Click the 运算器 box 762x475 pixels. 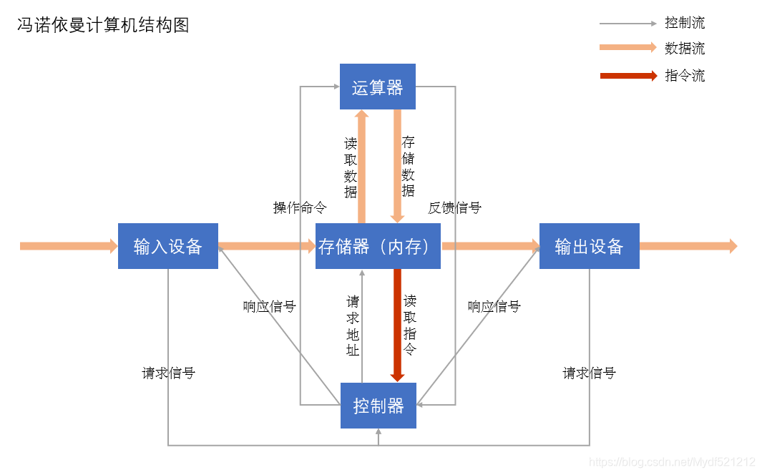pos(377,87)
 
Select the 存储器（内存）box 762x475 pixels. pos(378,246)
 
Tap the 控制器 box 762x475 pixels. pos(378,406)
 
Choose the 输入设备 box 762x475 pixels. pos(168,246)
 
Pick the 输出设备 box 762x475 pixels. pos(589,246)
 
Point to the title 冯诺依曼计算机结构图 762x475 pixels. pos(103,26)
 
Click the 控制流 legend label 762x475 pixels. pos(685,23)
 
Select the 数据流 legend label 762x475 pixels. pos(685,49)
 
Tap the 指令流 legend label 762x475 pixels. pos(685,76)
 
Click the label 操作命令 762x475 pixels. pos(300,208)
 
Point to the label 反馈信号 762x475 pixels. pos(455,208)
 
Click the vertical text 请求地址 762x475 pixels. pos(353,325)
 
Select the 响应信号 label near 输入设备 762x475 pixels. pos(269,307)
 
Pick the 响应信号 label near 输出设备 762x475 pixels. pos(494,307)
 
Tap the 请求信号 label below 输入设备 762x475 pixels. pos(168,373)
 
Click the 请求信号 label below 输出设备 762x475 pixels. pos(589,373)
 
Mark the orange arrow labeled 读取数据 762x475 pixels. pos(362,168)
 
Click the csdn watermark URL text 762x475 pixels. pos(673,462)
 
